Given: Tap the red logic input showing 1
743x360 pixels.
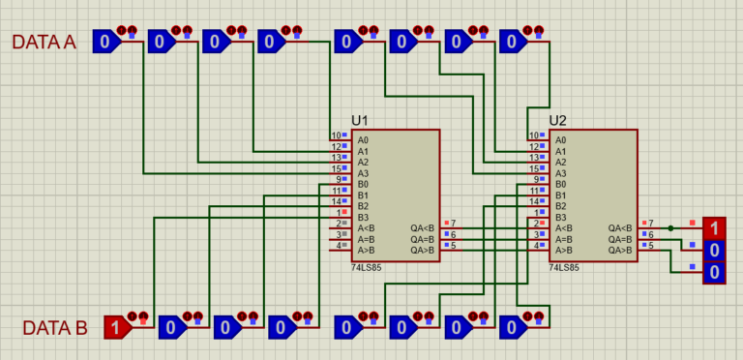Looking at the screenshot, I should pyautogui.click(x=115, y=327).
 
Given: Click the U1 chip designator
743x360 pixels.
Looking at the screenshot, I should pyautogui.click(x=360, y=120).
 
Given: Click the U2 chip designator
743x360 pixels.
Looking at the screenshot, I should pyautogui.click(x=557, y=120).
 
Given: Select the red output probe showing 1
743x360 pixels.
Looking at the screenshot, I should pyautogui.click(x=713, y=228).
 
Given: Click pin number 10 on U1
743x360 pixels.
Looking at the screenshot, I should pyautogui.click(x=336, y=135).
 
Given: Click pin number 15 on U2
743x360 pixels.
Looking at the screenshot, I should pyautogui.click(x=533, y=168).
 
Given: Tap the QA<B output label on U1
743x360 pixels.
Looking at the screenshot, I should pyautogui.click(x=422, y=228).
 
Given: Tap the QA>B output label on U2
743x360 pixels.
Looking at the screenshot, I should pyautogui.click(x=619, y=251).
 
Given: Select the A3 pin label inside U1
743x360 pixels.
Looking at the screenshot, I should pyautogui.click(x=363, y=173).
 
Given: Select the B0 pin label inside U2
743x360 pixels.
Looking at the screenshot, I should pyautogui.click(x=560, y=184).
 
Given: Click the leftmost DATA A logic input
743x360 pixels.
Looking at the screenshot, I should pyautogui.click(x=104, y=41).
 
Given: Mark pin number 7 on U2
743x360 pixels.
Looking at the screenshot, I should pyautogui.click(x=651, y=224).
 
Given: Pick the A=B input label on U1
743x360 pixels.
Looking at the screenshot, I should pyautogui.click(x=366, y=239).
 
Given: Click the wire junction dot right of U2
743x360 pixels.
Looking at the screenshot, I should pyautogui.click(x=670, y=228).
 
